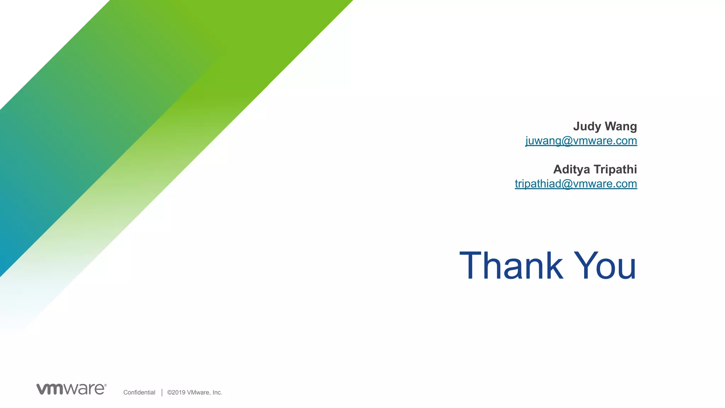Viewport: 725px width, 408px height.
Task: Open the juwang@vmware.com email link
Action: point(581,140)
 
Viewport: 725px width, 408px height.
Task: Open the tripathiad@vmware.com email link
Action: point(576,184)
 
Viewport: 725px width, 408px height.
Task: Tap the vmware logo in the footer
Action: point(71,389)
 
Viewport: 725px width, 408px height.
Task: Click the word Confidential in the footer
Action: point(139,392)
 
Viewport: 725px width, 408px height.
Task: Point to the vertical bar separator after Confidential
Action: point(162,392)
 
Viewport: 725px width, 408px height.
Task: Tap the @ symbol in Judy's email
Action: point(567,141)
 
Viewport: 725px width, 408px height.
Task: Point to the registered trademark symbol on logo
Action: point(105,385)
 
